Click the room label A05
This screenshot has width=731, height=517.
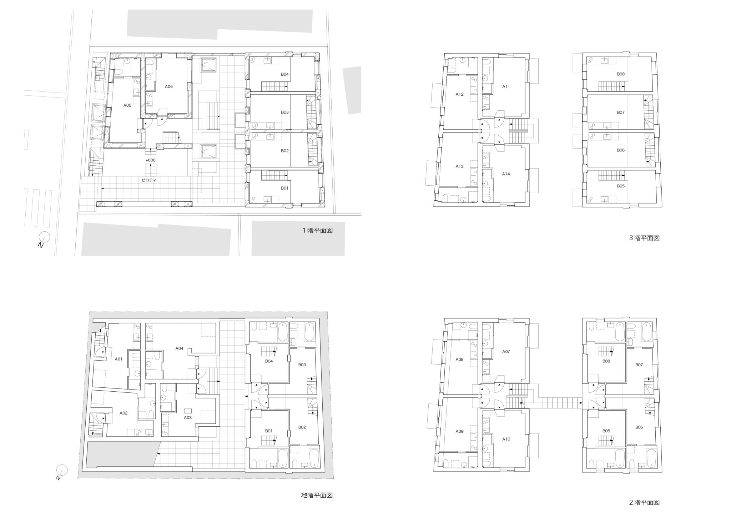(x=127, y=105)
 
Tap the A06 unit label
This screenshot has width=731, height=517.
(x=168, y=86)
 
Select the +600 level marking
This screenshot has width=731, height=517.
(x=150, y=160)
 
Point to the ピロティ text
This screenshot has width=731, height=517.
(x=149, y=180)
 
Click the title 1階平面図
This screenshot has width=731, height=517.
(x=317, y=231)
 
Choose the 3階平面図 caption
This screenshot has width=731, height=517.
(x=644, y=238)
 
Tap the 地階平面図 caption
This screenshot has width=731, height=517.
(x=317, y=495)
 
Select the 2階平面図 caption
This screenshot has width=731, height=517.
(x=644, y=503)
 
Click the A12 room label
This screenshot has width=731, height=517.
(x=459, y=94)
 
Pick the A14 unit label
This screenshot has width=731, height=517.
(x=506, y=174)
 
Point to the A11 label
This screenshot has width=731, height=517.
(x=506, y=86)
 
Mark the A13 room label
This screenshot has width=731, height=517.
(x=459, y=166)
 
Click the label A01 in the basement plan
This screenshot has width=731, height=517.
(x=119, y=359)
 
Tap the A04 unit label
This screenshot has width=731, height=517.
(x=179, y=348)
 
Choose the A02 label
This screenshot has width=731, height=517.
(x=123, y=413)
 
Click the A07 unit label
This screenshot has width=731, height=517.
(x=506, y=352)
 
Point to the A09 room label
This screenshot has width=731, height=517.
(x=459, y=431)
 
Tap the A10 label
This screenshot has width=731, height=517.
(x=506, y=439)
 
